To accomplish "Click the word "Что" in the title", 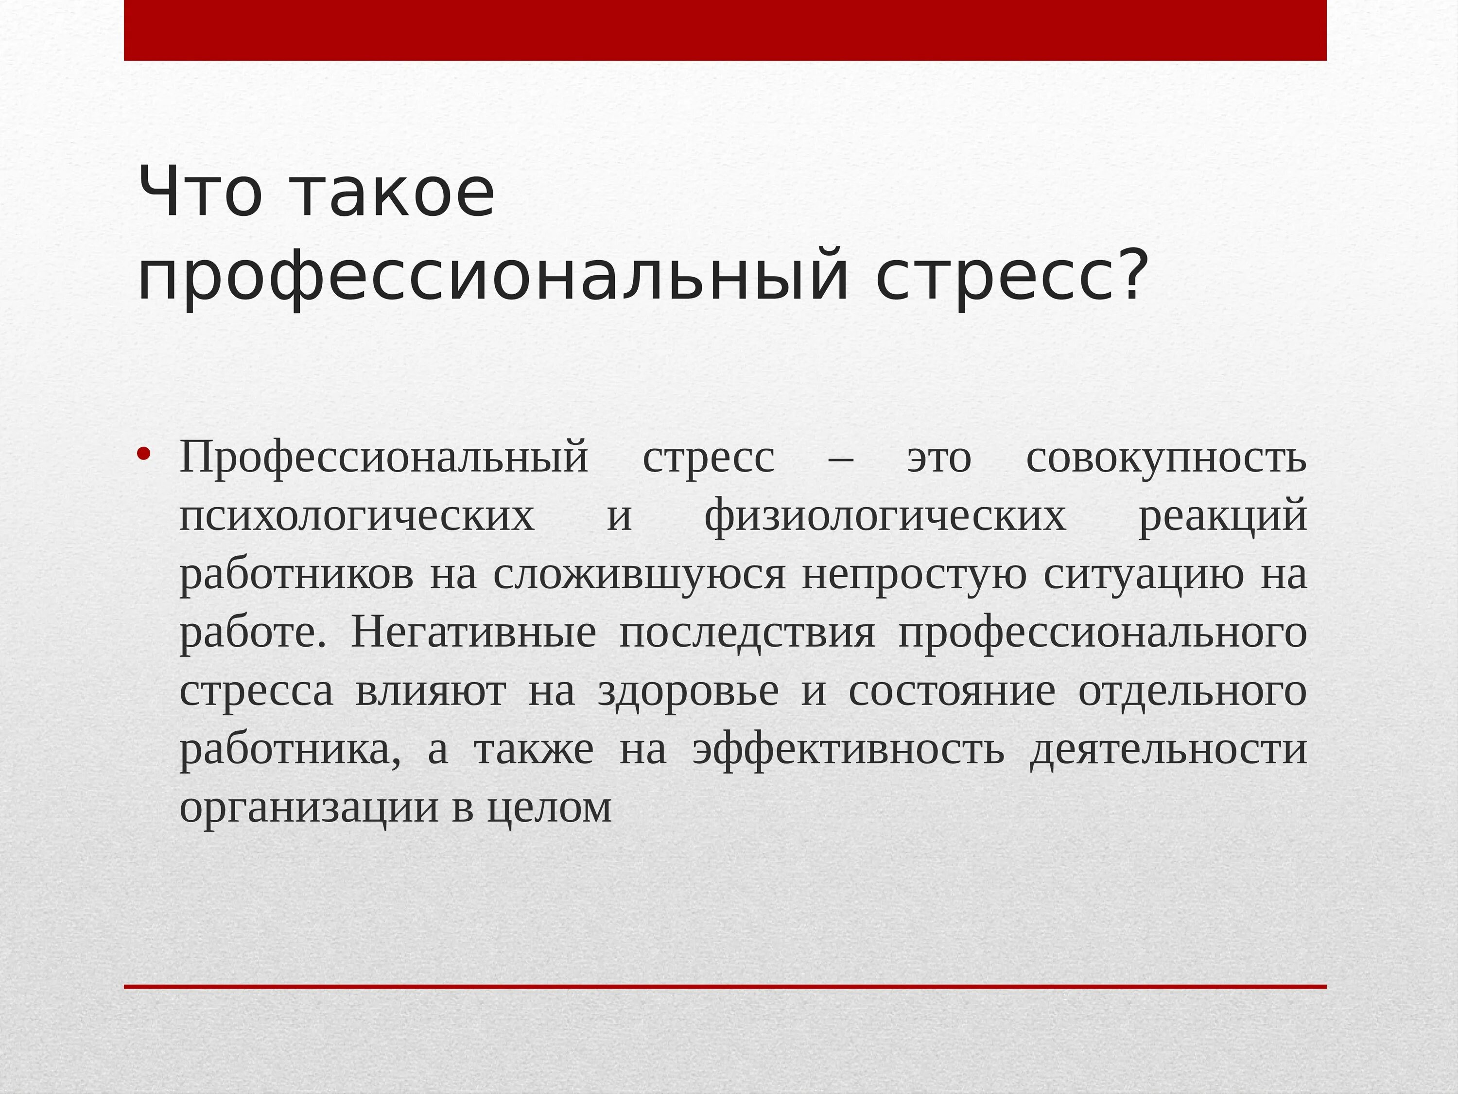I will coord(200,193).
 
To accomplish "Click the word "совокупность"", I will coord(1166,459).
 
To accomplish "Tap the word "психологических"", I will coord(357,516).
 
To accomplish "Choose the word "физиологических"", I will coord(885,516).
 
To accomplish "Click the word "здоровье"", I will coord(688,691).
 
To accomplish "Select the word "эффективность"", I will coord(848,750).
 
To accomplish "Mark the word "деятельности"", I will coord(1168,750).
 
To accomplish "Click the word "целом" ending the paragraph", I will coord(549,808).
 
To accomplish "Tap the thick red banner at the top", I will coord(725,30).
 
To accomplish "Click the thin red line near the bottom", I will coord(725,987).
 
